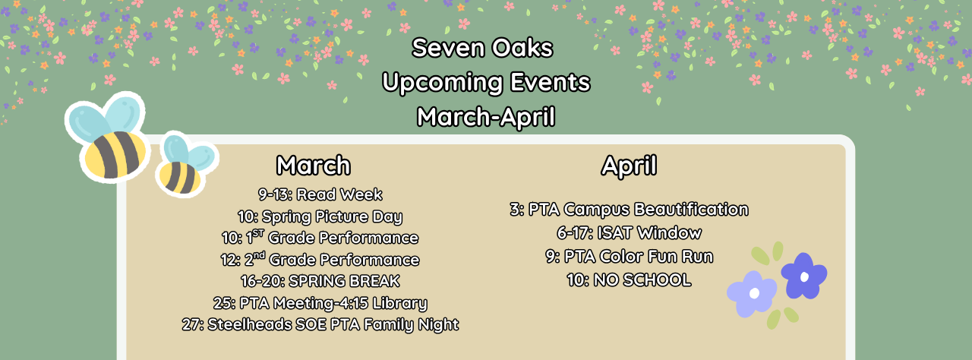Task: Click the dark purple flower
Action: [x=803, y=275]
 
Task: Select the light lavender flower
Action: [x=752, y=293]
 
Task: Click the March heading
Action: [x=313, y=166]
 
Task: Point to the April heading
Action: [x=629, y=166]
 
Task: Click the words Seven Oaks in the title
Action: [x=482, y=49]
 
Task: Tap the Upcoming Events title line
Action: [x=486, y=82]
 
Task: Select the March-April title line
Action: [x=486, y=117]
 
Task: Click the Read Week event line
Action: [x=320, y=194]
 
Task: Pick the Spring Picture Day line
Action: [x=320, y=216]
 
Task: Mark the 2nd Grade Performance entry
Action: [x=320, y=260]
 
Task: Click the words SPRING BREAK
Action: [x=344, y=281]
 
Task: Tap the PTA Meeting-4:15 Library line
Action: [x=320, y=303]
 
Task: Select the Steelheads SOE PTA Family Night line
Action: [x=320, y=324]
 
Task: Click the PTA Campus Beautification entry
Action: [x=629, y=209]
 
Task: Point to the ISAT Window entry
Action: [x=629, y=232]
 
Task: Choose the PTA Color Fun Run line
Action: [x=629, y=256]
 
